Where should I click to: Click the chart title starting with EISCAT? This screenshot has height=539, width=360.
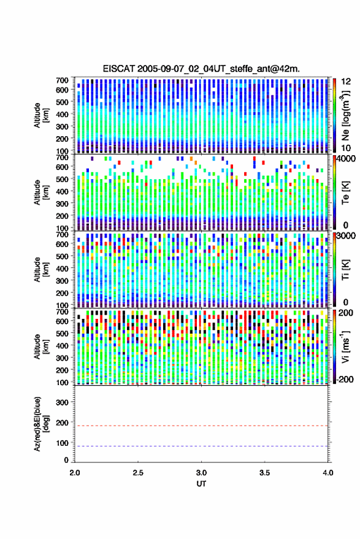coord(201,69)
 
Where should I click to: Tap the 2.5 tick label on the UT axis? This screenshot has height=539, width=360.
coord(138,473)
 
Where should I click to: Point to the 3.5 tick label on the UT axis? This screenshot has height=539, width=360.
coord(264,473)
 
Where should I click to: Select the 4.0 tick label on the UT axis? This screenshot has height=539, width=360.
coord(327,473)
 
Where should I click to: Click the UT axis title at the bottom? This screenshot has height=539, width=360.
coord(201,484)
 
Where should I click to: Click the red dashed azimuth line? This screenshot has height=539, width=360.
coord(201,426)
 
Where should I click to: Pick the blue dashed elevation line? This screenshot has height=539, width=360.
coord(201,446)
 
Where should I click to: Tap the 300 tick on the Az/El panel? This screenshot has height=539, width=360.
coord(62,402)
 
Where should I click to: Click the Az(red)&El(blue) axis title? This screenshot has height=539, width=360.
coord(41,424)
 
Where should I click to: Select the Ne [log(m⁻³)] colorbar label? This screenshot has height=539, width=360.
coord(345,115)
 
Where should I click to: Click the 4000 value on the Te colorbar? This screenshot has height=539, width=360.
coord(347,159)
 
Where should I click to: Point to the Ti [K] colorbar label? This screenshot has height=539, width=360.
coord(345,270)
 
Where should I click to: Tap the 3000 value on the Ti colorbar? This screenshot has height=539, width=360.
coord(347,236)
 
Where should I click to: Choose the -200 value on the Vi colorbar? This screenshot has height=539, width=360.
coord(345,379)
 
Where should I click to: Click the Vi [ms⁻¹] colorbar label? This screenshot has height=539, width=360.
coord(345,346)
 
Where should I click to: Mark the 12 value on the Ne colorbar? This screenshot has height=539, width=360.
coord(347,82)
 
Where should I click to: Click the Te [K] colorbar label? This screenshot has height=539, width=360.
coord(345,193)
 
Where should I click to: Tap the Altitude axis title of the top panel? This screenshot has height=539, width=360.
coord(41,115)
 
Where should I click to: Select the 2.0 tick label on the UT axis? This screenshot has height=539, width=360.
coord(75,473)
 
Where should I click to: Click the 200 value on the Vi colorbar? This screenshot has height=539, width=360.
coord(345,313)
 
